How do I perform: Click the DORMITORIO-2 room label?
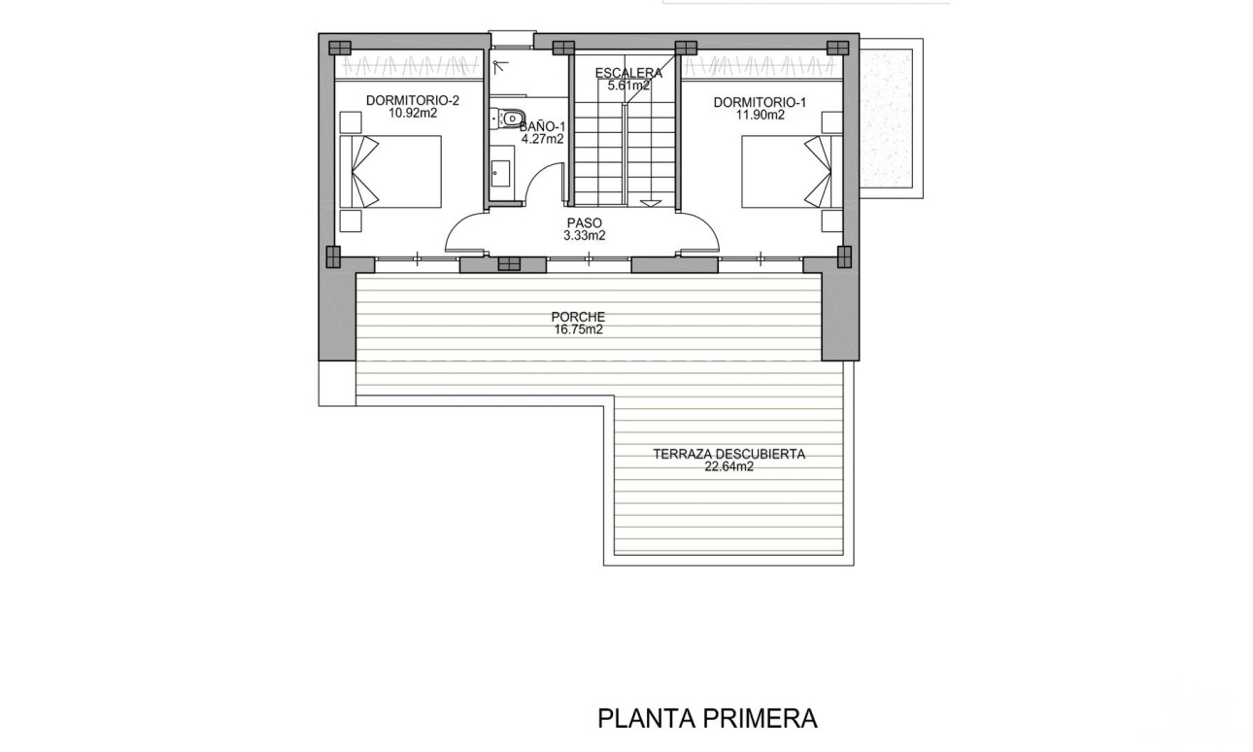(413, 101)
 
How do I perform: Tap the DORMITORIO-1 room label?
(760, 102)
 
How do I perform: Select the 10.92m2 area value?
(413, 113)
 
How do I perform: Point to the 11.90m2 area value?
(760, 116)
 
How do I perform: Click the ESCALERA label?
(628, 73)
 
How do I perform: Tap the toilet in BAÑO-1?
(508, 119)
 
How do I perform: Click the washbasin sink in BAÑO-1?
(500, 174)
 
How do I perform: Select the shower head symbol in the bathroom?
(499, 67)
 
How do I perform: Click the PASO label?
(585, 223)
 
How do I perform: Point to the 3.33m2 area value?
(585, 235)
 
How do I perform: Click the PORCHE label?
(578, 318)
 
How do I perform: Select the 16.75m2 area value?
(578, 329)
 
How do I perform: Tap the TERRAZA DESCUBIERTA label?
(728, 455)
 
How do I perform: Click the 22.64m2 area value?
(728, 466)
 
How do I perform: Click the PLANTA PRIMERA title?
(708, 718)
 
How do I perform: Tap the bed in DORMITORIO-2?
(390, 171)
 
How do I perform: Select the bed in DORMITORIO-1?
(792, 171)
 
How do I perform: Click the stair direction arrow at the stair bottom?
(652, 204)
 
